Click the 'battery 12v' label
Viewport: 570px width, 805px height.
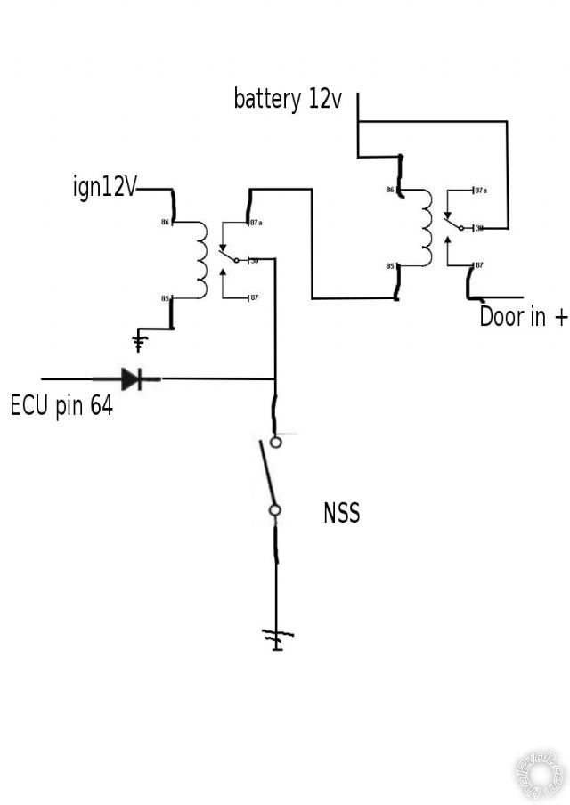(x=288, y=99)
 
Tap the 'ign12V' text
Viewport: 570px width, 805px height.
(x=105, y=188)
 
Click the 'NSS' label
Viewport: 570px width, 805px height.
(x=342, y=513)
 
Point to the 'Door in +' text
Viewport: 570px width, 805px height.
(x=523, y=317)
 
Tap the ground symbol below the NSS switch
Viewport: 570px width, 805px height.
(x=276, y=638)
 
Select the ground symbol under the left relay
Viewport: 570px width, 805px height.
(x=139, y=341)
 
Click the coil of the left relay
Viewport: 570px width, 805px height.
(x=200, y=260)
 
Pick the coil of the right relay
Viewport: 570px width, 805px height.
(x=426, y=228)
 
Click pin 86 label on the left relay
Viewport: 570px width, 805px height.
(x=165, y=221)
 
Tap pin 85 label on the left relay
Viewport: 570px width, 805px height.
(x=165, y=298)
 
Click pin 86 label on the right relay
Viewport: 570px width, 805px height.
(x=390, y=191)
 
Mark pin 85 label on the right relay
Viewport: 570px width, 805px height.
(x=390, y=266)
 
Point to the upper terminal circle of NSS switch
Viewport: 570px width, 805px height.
(x=276, y=441)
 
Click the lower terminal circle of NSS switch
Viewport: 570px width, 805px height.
(x=276, y=510)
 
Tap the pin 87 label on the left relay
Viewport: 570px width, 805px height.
(x=254, y=297)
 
